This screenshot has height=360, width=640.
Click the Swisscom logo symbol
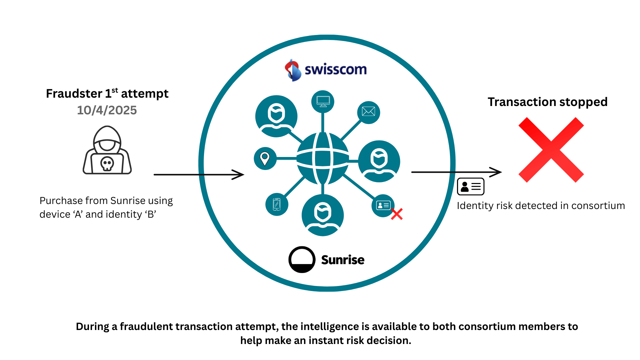[x=293, y=70]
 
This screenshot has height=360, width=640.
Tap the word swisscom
[x=335, y=70]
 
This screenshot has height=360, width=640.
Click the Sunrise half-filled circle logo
[x=302, y=260]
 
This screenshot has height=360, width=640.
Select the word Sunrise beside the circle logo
[x=343, y=260]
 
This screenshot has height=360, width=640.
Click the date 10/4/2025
[x=107, y=110]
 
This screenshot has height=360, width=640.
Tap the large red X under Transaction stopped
[x=551, y=150]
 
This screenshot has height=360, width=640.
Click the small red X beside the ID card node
[x=397, y=214]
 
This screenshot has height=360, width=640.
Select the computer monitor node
[x=323, y=101]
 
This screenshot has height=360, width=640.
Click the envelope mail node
[x=368, y=112]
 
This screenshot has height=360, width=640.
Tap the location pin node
[x=265, y=159]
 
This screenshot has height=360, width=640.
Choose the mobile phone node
[x=277, y=204]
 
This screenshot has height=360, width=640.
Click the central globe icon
[x=323, y=158]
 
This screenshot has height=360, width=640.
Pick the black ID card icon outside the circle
[x=470, y=187]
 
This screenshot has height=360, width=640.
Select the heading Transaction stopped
[x=547, y=102]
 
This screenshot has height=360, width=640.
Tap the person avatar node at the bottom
[x=322, y=215]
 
